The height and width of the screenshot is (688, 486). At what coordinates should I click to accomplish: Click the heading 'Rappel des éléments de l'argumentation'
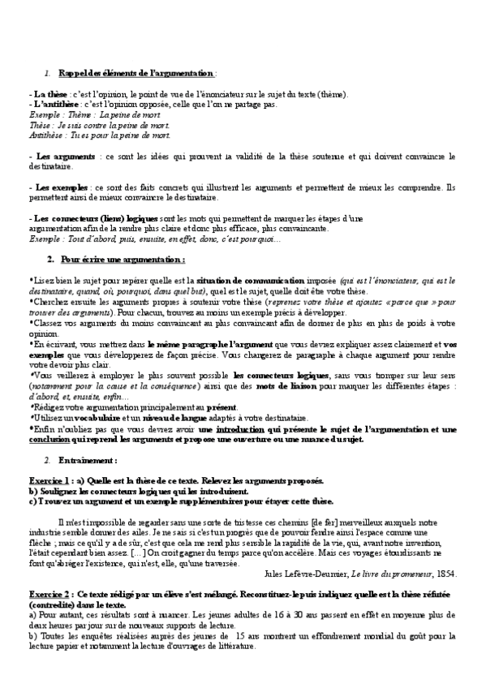click(x=137, y=74)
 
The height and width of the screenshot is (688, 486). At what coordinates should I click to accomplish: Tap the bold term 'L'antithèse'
click(x=55, y=105)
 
